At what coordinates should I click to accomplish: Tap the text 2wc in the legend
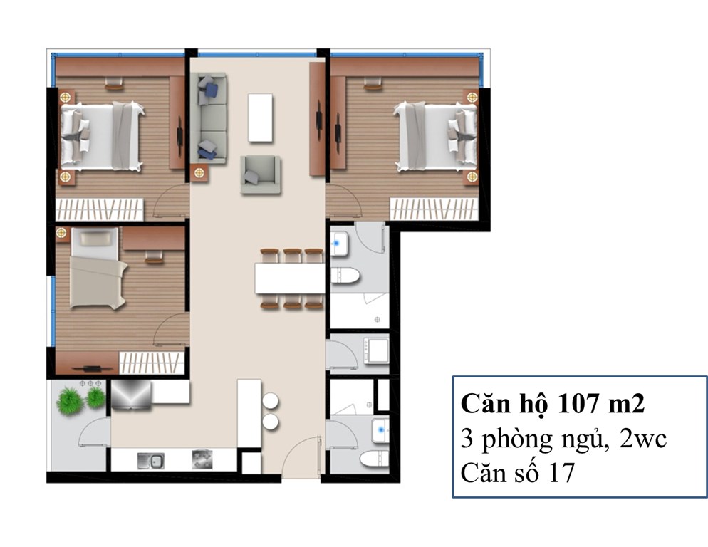pos(643,438)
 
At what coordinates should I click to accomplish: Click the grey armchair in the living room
pos(260,174)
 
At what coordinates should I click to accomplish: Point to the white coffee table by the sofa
pos(260,118)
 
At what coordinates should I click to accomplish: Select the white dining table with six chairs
pos(290,278)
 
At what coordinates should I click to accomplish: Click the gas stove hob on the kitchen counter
pos(202,459)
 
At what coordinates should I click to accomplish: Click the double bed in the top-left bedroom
pos(102,137)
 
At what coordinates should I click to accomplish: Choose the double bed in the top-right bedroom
pos(435,137)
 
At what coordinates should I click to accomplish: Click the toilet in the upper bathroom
pos(345,276)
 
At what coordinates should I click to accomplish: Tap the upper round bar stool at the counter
pos(270,401)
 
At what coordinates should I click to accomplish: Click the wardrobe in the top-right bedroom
pos(434,209)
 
